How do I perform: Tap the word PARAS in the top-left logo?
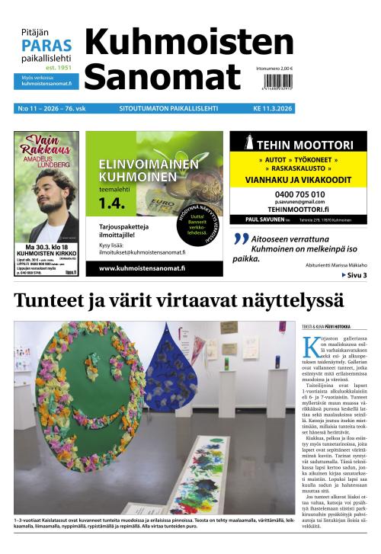point(46,45)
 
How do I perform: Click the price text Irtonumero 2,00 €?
point(274,69)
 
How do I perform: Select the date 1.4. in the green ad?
point(113,203)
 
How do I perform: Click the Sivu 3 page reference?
point(354,275)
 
